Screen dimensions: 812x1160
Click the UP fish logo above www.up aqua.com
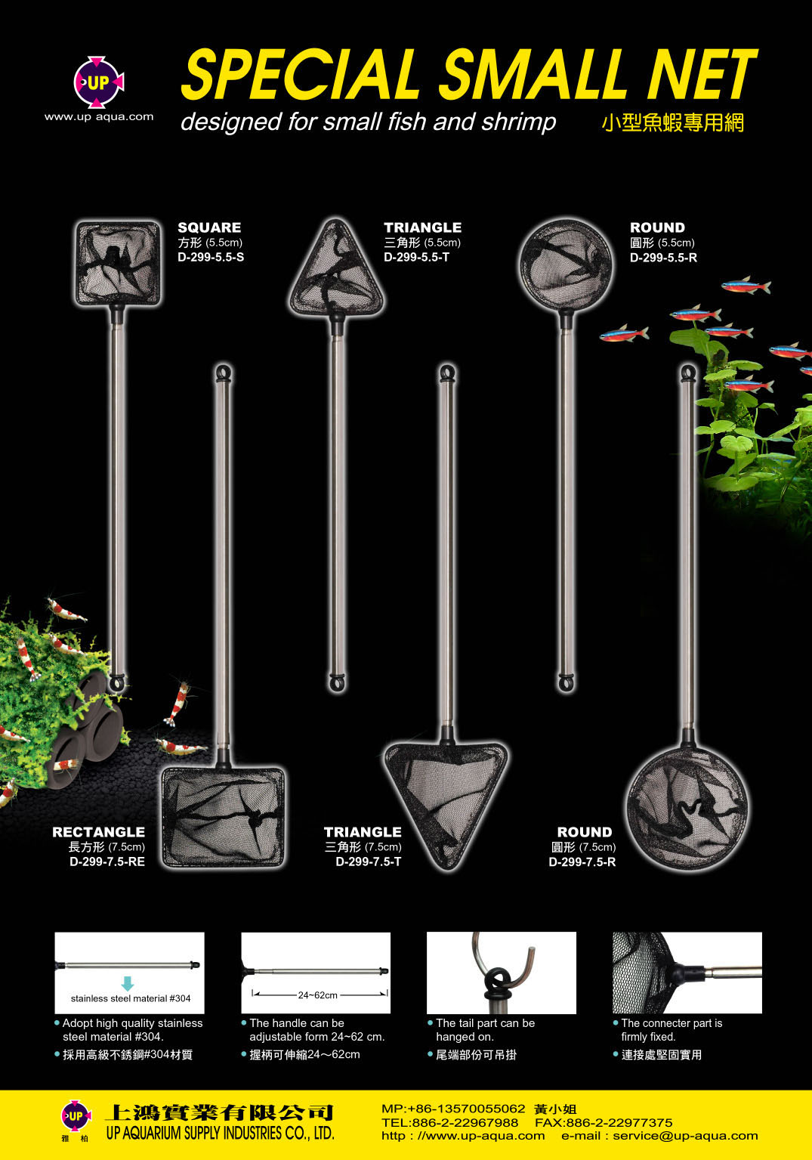(98, 82)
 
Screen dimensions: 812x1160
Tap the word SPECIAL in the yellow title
(300, 73)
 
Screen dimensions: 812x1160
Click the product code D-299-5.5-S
(211, 258)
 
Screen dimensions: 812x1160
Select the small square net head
(118, 263)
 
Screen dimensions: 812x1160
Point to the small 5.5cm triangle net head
(337, 269)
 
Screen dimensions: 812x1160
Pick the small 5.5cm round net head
(566, 266)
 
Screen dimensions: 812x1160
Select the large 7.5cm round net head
(688, 808)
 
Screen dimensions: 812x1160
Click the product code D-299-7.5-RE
(107, 861)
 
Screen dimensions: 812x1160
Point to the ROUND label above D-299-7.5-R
(585, 832)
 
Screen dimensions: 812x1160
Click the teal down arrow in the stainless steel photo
(128, 983)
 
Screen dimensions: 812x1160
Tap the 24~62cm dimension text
(318, 995)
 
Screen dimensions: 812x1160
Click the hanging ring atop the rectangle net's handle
(224, 373)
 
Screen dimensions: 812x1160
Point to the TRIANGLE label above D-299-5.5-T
(423, 227)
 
